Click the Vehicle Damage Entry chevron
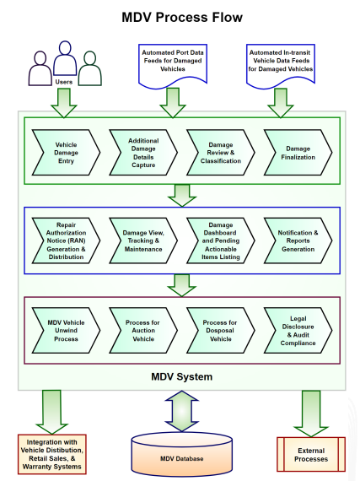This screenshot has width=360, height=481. click(x=66, y=153)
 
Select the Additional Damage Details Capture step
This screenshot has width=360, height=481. click(x=143, y=153)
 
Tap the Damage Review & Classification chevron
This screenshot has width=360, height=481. click(x=221, y=153)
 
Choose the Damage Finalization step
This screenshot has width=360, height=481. click(x=298, y=153)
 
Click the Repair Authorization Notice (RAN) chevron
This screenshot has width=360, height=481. click(x=66, y=240)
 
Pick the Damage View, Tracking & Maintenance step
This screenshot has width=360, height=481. click(x=143, y=240)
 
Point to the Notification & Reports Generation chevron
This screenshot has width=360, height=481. click(x=298, y=240)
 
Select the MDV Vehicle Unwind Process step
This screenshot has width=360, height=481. click(x=66, y=331)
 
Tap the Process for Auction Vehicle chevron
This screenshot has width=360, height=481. click(x=143, y=331)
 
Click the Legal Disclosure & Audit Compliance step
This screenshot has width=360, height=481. click(x=298, y=331)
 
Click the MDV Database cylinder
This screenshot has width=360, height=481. click(x=181, y=454)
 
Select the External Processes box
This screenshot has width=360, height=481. click(x=311, y=454)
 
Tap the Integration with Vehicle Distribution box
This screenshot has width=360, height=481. click(x=52, y=454)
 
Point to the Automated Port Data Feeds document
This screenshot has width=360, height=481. click(x=173, y=66)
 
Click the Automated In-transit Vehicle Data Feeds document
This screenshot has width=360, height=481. click(x=281, y=66)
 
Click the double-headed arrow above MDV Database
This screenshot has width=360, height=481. click(x=181, y=411)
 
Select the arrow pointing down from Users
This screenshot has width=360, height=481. click(x=64, y=103)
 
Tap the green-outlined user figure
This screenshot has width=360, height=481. click(x=89, y=68)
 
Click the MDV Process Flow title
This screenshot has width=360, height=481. click(x=182, y=18)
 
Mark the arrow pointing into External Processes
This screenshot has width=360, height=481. click(x=311, y=413)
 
